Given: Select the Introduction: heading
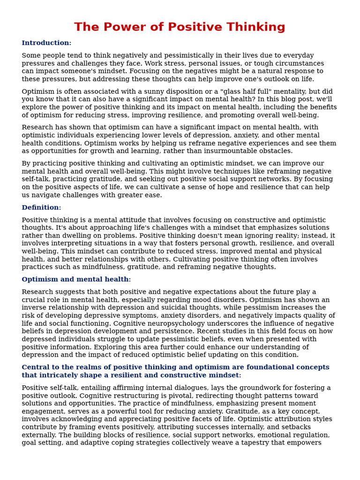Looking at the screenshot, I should pyautogui.click(x=46, y=43).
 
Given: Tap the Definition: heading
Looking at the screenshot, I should pyautogui.click(x=41, y=208).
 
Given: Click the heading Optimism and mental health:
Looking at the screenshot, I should pyautogui.click(x=76, y=279).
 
